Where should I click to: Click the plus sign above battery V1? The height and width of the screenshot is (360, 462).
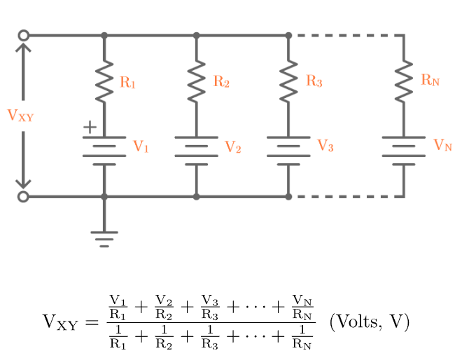click(89, 127)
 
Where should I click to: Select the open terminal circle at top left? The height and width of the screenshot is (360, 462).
click(23, 35)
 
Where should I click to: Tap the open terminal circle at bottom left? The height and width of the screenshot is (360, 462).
click(23, 197)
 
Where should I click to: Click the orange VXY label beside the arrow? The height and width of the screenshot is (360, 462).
click(20, 116)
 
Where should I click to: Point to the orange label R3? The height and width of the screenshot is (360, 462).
click(314, 81)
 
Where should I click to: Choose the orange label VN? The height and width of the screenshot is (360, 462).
click(442, 146)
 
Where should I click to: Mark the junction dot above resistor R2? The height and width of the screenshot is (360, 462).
click(196, 35)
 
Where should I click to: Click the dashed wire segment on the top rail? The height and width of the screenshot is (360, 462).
click(346, 35)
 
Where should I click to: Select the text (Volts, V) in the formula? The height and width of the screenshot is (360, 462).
click(369, 322)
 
